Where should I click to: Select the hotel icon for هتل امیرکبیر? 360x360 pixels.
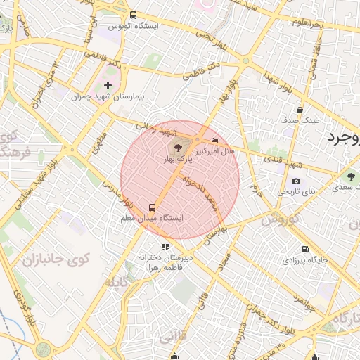214,141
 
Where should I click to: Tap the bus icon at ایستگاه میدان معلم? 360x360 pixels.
152,207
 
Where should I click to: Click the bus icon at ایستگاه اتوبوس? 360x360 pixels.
134,15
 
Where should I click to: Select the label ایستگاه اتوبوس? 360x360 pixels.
134,26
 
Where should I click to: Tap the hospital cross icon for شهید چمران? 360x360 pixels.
108,85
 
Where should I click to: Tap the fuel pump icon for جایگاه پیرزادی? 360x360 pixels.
304,249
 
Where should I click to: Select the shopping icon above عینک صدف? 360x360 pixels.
300,110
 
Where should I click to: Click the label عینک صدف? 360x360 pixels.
300,120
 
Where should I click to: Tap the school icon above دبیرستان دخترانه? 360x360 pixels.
165,247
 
